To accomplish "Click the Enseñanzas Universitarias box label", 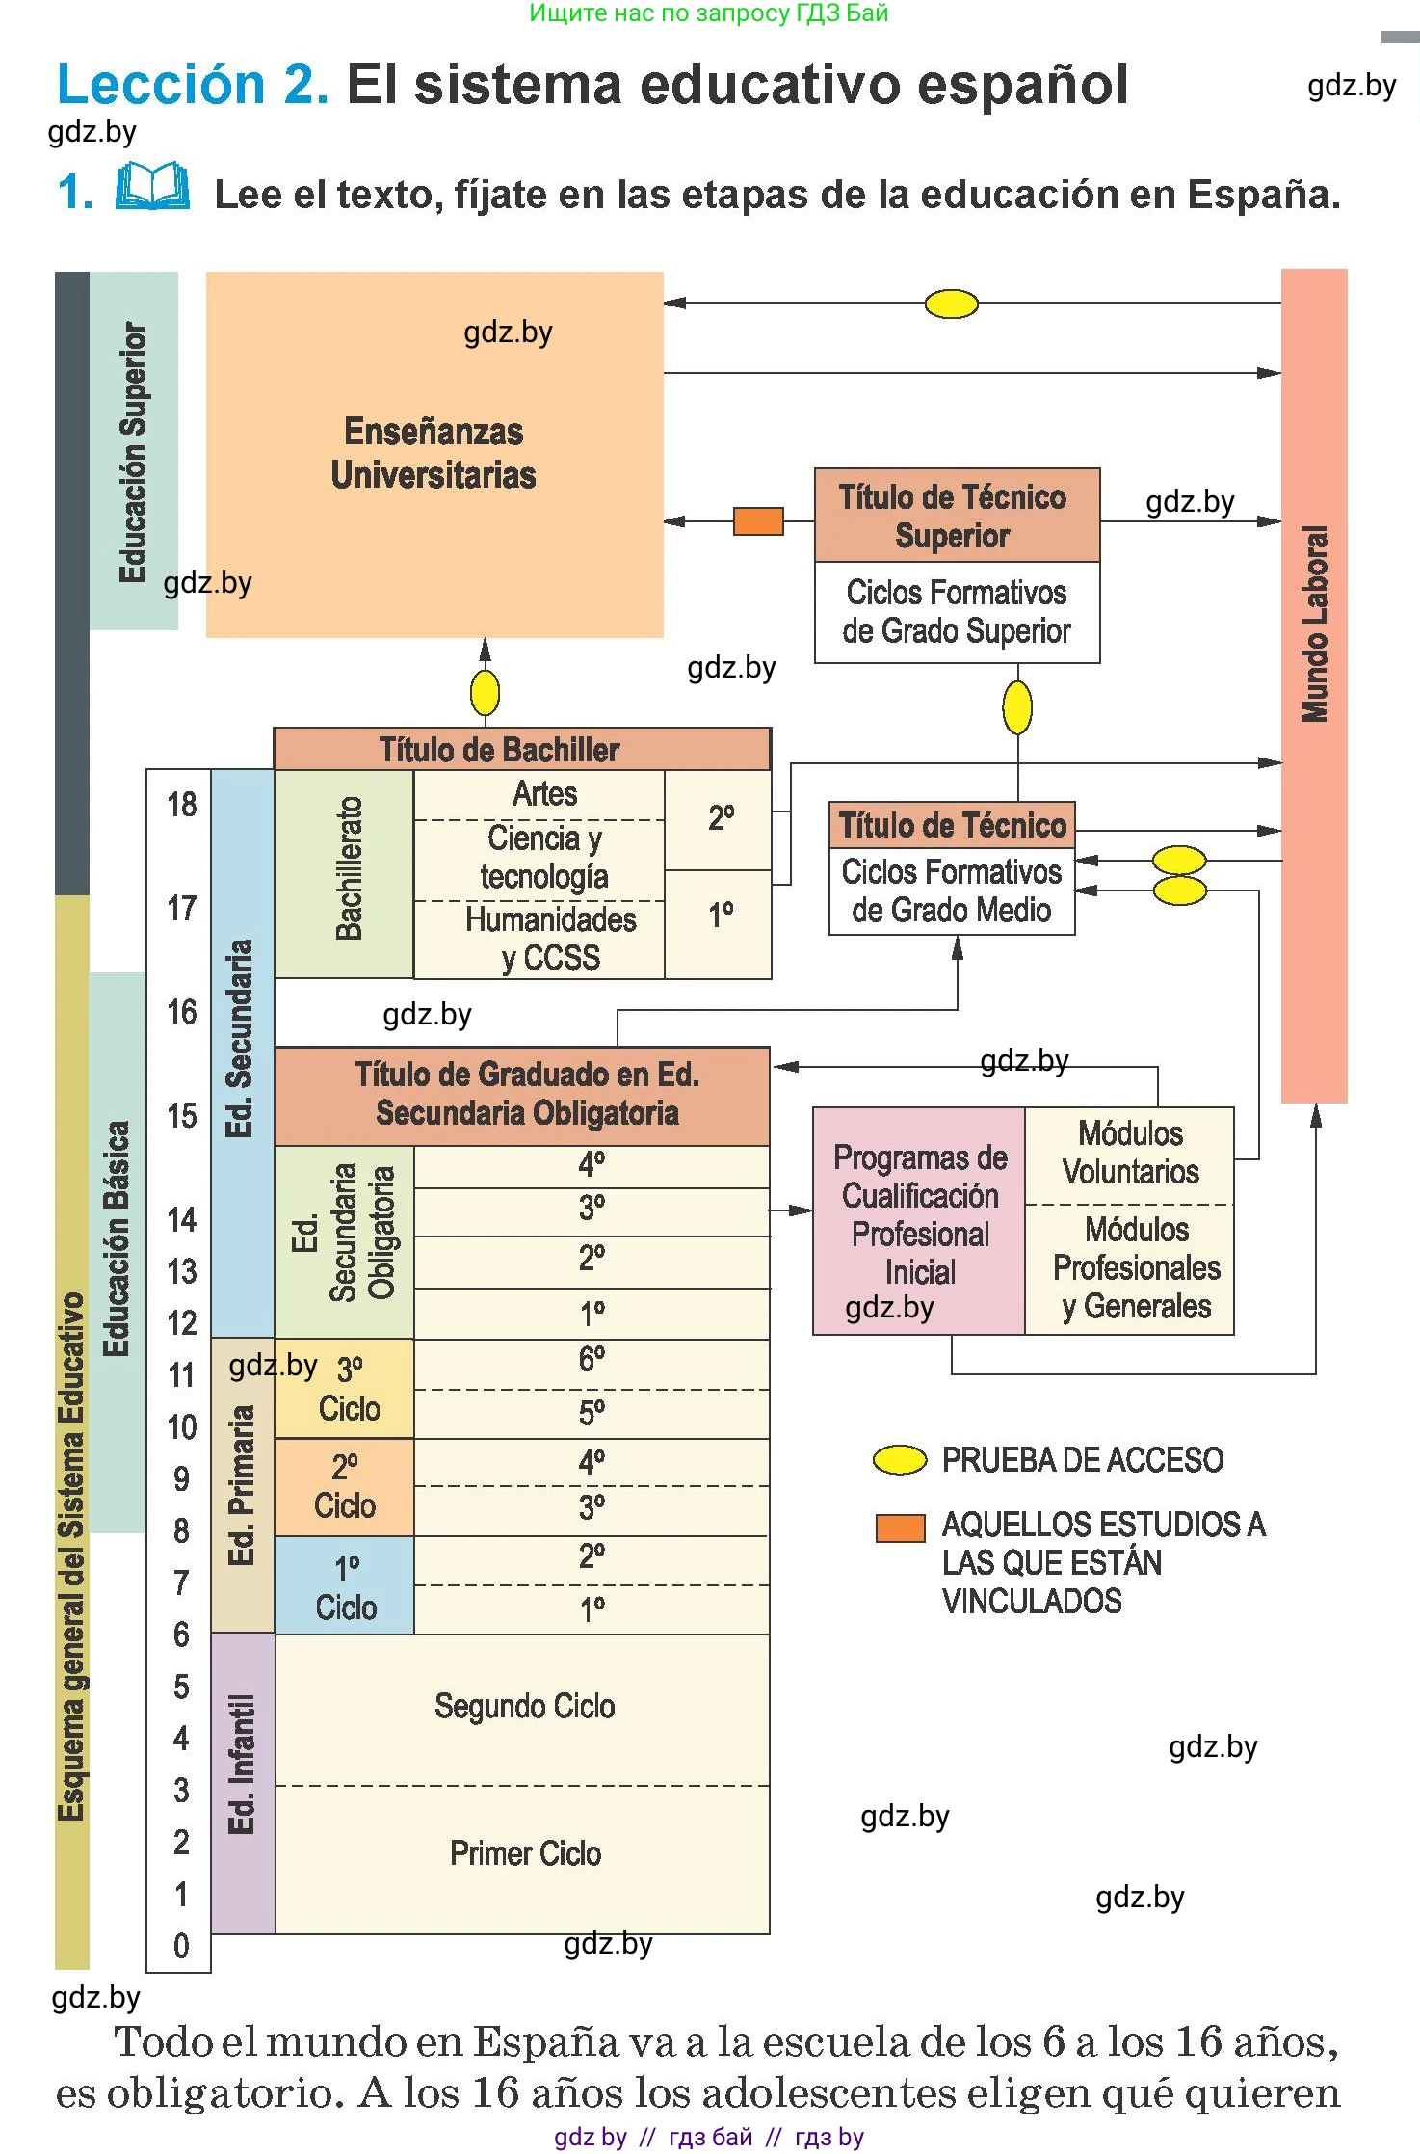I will tap(434, 453).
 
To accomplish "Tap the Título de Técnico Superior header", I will tap(953, 516).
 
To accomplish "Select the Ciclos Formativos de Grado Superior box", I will tap(957, 612).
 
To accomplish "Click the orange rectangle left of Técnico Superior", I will tap(758, 521).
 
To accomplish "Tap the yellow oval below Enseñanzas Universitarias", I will tap(485, 692).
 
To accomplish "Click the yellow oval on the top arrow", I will tap(951, 305).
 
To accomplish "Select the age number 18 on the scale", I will tap(181, 805).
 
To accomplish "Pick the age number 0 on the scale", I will tap(181, 1945).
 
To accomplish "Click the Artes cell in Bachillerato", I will tap(544, 794).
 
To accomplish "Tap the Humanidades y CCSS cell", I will tap(550, 939).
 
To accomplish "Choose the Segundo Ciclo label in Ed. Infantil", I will tap(524, 1706).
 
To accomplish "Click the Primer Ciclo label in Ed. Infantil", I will tap(525, 1853).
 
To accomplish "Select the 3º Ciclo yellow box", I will tap(346, 1389).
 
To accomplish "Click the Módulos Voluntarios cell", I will tap(1130, 1153).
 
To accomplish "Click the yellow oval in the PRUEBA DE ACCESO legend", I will tap(899, 1460).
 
